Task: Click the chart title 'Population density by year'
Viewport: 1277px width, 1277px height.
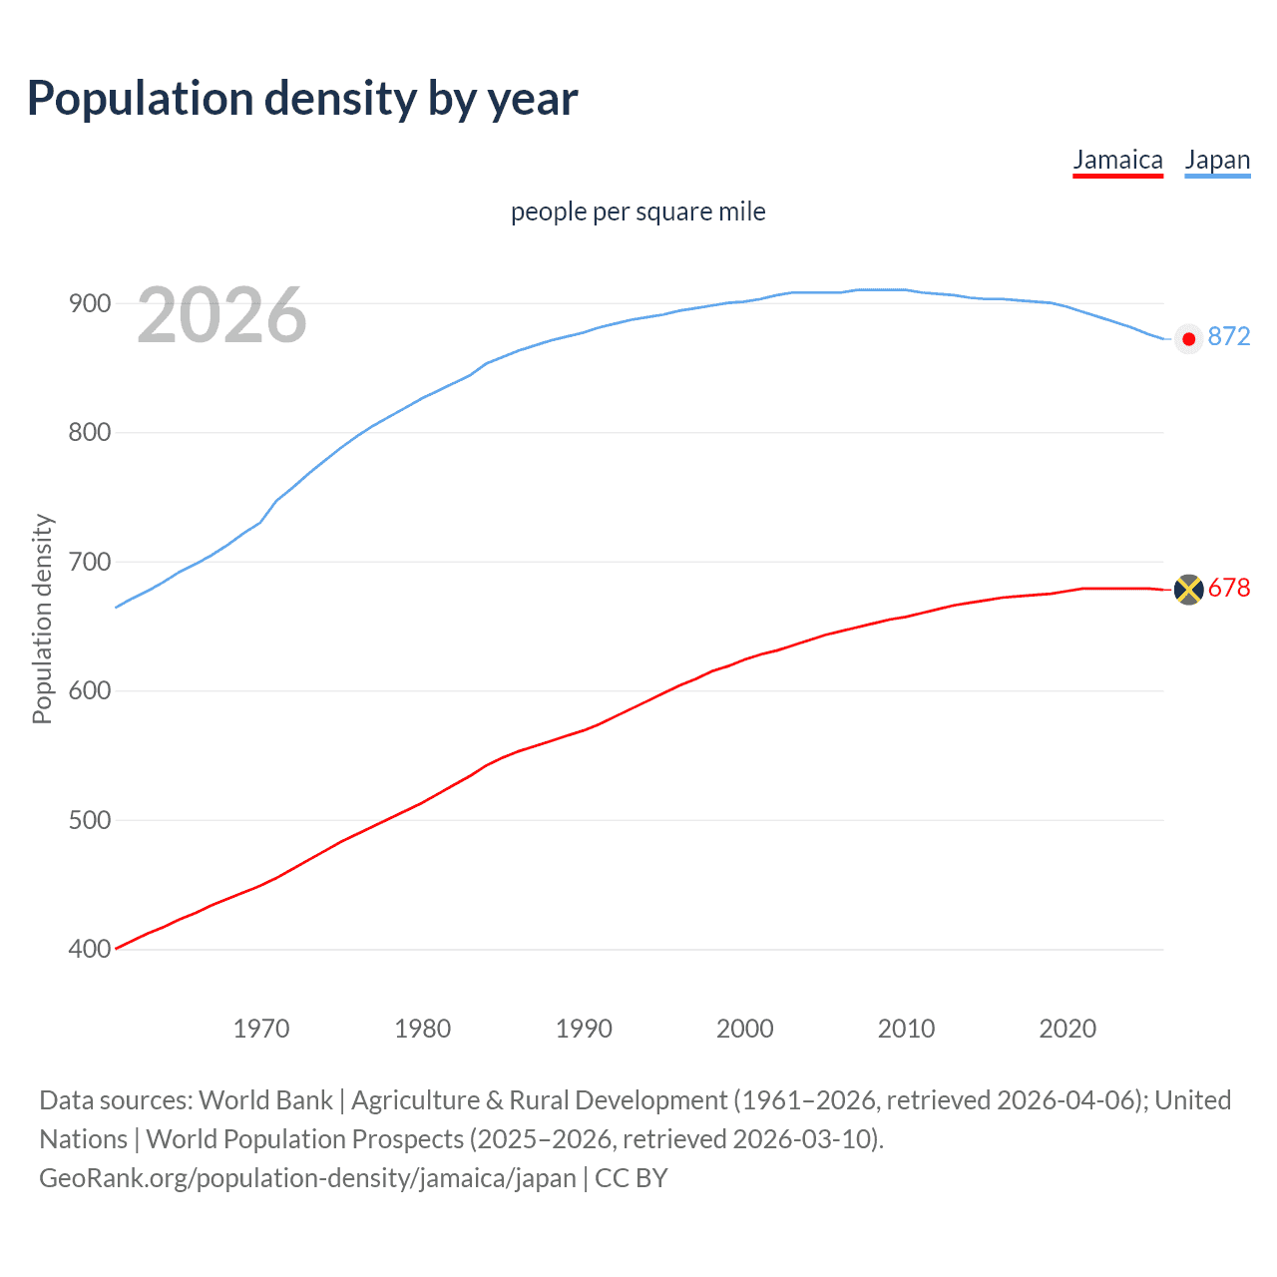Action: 302,99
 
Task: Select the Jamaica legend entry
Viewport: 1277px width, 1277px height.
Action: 1117,161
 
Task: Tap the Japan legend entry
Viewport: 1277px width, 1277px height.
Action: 1217,161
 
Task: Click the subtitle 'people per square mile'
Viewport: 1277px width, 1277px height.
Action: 638,212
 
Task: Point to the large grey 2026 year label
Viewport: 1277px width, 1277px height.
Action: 221,315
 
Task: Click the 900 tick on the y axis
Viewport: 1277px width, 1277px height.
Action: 90,303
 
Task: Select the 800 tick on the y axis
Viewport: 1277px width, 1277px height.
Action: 90,433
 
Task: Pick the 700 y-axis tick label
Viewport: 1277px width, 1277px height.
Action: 90,562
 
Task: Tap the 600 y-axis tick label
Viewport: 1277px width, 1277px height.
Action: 90,690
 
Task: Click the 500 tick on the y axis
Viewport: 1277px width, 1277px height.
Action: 90,820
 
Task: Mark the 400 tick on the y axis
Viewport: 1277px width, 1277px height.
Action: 90,949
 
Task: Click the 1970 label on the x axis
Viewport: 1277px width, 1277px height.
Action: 261,1029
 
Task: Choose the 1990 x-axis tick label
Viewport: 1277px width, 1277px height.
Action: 584,1029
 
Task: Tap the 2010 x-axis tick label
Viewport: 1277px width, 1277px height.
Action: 906,1029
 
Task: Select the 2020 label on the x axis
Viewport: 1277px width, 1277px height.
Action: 1067,1029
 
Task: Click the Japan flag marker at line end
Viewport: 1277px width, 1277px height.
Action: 1188,339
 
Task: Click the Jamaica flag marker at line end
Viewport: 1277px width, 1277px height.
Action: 1188,590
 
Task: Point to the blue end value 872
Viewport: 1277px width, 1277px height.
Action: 1229,337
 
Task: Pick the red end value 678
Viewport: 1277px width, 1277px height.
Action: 1229,589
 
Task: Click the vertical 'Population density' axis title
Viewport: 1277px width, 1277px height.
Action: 42,619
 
